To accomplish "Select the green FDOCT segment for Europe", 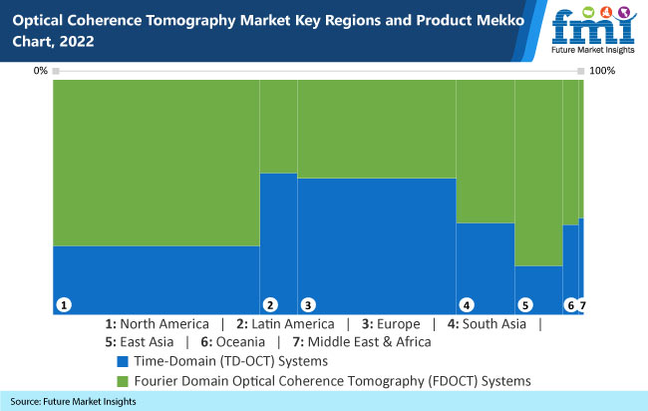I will pos(376,128).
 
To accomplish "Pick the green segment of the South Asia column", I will pos(485,150).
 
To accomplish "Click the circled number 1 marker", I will pos(63,304).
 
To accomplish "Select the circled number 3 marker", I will pos(308,304).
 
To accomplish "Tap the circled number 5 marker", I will pos(524,304).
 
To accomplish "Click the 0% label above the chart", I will pos(41,71).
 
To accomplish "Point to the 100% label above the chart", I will pos(604,71).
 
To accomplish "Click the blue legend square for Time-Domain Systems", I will pos(123,360).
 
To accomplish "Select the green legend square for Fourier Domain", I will pos(123,381).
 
